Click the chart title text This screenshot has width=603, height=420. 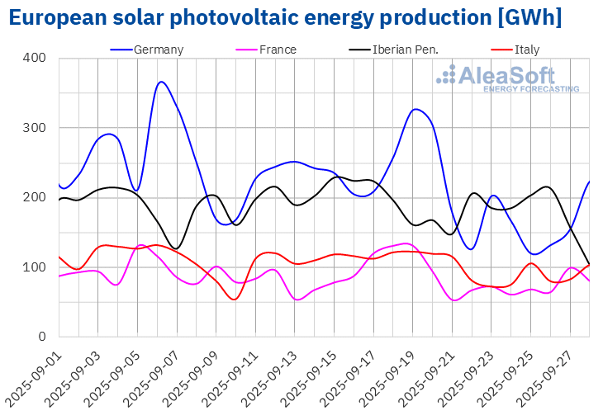(x=286, y=17)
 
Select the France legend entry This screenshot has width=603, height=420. (x=278, y=50)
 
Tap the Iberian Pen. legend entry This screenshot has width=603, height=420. (x=404, y=50)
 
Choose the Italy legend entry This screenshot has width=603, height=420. (x=525, y=50)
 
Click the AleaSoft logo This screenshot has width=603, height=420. (x=507, y=78)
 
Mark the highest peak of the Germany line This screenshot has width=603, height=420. (x=161, y=82)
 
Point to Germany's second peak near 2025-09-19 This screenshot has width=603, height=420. (x=416, y=109)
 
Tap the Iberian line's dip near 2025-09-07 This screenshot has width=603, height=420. (x=175, y=248)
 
